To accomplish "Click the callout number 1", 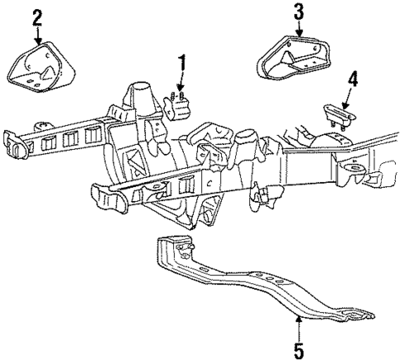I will pos(182,61).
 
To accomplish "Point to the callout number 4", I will pos(353,79).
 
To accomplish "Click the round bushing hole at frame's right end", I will pos(355,171).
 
